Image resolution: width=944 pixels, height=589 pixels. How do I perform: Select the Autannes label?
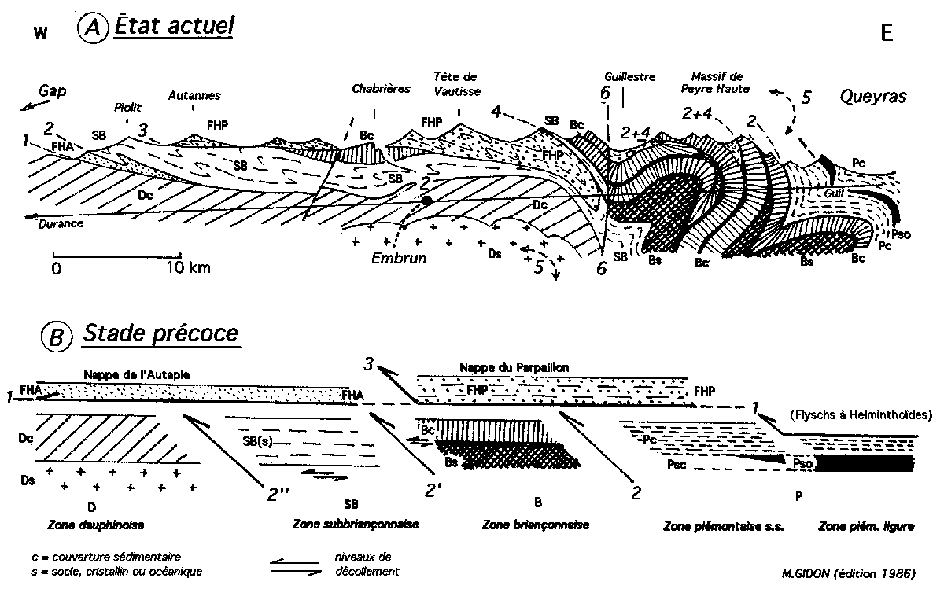point(194,96)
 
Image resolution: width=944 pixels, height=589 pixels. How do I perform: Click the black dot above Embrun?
point(426,202)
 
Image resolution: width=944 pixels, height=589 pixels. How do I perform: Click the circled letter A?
point(92,31)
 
